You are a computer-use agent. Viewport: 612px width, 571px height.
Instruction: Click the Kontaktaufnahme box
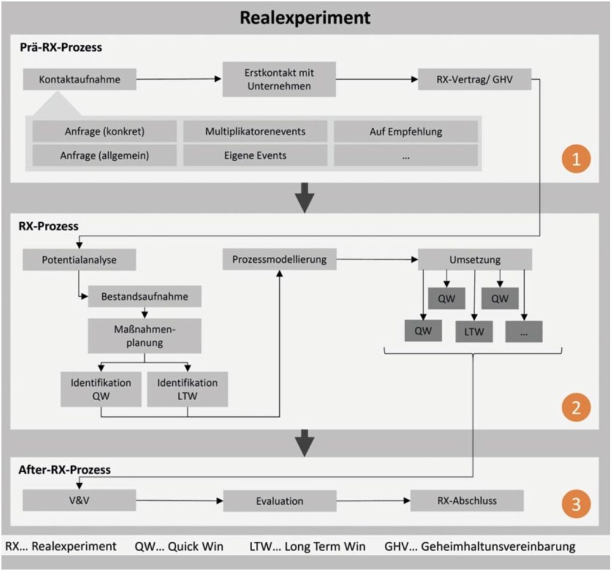(x=79, y=79)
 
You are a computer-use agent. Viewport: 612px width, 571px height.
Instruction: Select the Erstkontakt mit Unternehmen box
(x=279, y=79)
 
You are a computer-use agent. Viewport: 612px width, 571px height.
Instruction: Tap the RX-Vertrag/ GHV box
(x=475, y=79)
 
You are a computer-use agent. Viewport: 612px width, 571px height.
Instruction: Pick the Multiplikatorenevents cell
(x=255, y=131)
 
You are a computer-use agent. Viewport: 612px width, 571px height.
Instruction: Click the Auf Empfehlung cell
(x=406, y=131)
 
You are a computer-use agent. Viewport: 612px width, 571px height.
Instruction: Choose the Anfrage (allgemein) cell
(x=105, y=156)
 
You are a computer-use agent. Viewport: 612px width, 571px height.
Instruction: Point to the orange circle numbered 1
(x=576, y=159)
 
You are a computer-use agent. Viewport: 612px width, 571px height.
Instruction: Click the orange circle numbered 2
(x=576, y=407)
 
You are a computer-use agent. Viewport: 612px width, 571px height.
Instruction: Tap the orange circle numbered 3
(x=576, y=504)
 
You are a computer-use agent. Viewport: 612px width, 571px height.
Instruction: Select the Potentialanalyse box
(x=79, y=260)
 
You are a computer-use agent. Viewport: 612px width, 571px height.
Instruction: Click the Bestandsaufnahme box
(x=145, y=296)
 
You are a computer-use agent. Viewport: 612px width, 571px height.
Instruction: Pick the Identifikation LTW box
(x=187, y=389)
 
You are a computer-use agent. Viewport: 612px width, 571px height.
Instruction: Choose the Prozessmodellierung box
(x=280, y=259)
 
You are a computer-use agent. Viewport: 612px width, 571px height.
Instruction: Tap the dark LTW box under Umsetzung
(x=474, y=331)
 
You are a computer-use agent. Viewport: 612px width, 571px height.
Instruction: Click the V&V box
(x=79, y=501)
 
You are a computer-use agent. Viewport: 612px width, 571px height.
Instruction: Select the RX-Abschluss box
(x=467, y=501)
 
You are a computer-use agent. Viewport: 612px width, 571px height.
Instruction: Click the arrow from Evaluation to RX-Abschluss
(x=374, y=501)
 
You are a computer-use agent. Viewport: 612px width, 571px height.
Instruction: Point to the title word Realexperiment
(x=305, y=18)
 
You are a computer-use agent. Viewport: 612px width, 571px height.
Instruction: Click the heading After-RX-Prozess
(x=65, y=470)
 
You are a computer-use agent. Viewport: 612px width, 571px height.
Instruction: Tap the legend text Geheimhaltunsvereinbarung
(x=498, y=547)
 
